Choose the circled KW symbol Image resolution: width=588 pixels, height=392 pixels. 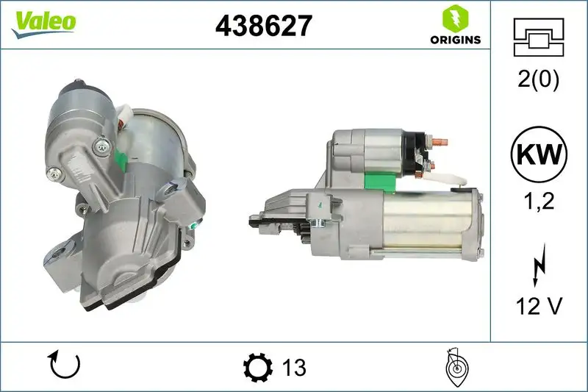click(539, 154)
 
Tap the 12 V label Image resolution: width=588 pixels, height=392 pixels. click(539, 304)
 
